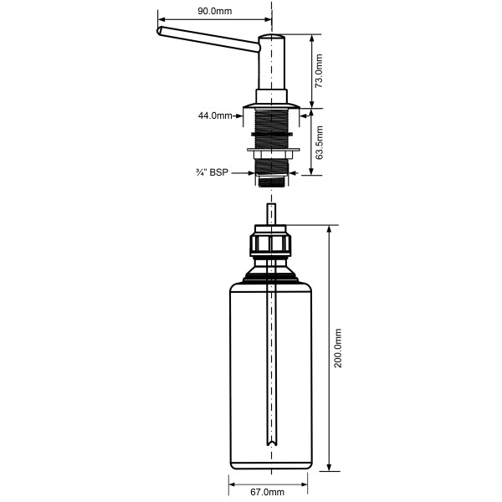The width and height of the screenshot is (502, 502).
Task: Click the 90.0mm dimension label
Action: pyautogui.click(x=214, y=11)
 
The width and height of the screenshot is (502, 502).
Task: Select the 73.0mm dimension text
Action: pyautogui.click(x=319, y=71)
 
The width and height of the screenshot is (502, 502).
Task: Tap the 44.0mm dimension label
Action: pyautogui.click(x=215, y=115)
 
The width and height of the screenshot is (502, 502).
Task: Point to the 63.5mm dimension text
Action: pyautogui.click(x=320, y=142)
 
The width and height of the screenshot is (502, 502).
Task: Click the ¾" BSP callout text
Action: pyautogui.click(x=212, y=172)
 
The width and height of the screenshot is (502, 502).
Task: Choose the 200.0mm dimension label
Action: pyautogui.click(x=338, y=348)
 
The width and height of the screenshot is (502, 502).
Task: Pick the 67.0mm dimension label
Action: pyautogui.click(x=268, y=492)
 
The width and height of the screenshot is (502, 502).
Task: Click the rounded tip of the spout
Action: pyautogui.click(x=159, y=31)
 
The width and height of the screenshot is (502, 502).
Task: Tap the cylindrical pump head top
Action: pyautogui.click(x=271, y=38)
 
